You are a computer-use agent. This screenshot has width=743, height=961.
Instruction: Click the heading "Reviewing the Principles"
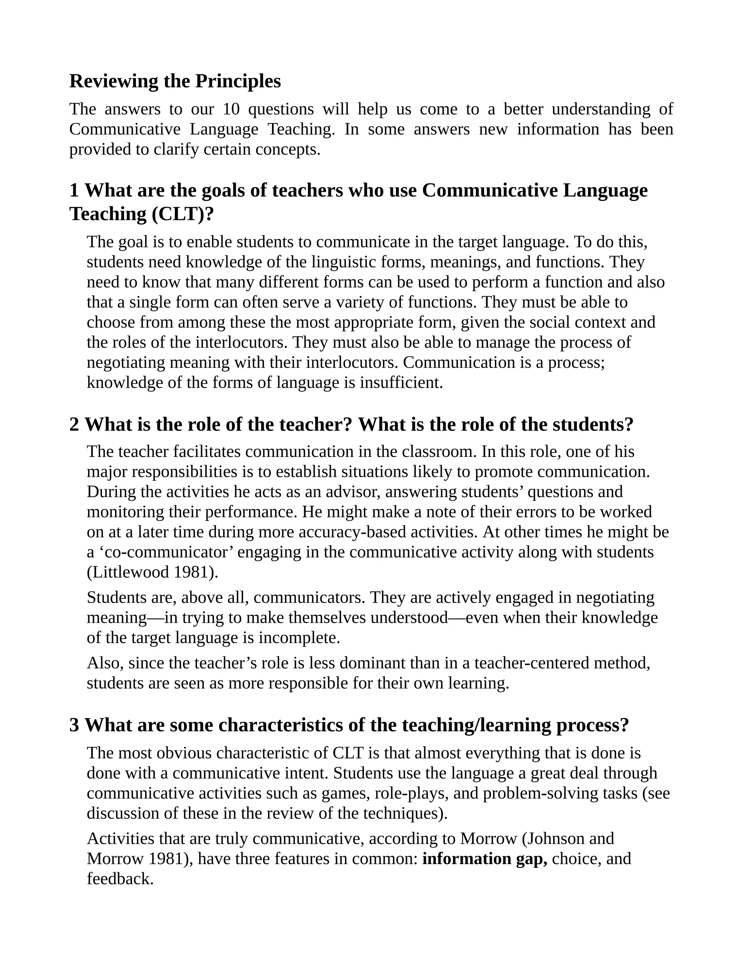(x=175, y=81)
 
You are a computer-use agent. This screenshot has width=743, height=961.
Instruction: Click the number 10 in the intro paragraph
(x=231, y=109)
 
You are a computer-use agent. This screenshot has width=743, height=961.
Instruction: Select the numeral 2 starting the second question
(x=74, y=425)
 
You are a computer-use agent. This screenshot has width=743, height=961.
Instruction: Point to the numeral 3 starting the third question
(x=74, y=725)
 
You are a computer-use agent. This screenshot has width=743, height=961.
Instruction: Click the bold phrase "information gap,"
(x=485, y=858)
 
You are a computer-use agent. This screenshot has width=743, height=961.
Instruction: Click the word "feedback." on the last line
(x=120, y=879)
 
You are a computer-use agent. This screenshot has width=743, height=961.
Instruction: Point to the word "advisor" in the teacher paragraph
(x=353, y=491)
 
